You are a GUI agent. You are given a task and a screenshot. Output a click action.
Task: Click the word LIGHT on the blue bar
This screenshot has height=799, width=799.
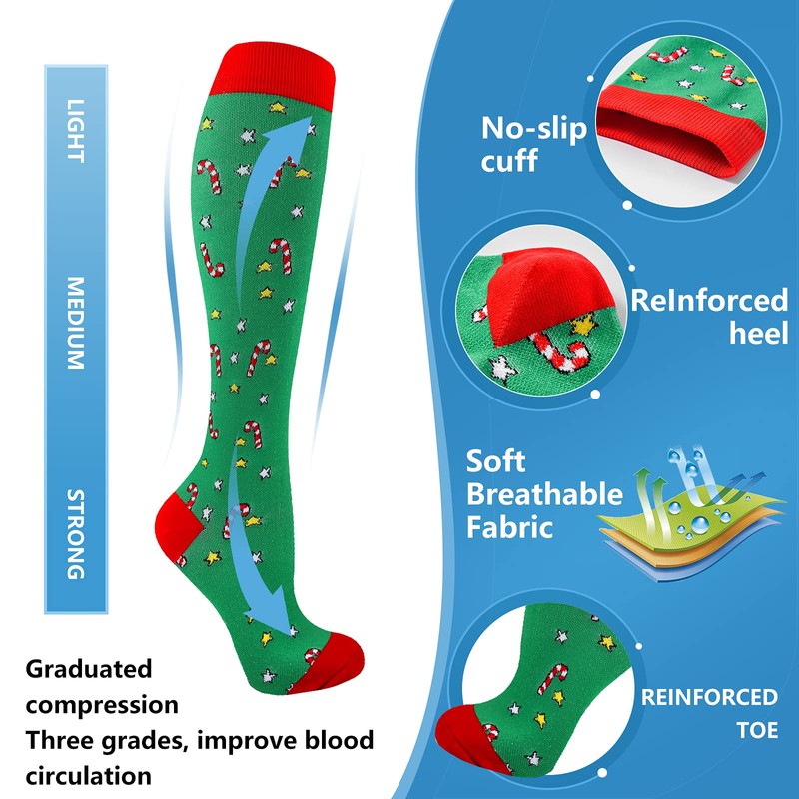point(76,129)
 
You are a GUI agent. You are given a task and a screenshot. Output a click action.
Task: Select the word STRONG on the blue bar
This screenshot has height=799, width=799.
point(76,533)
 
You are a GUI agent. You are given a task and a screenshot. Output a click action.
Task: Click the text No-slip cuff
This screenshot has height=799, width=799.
point(534,144)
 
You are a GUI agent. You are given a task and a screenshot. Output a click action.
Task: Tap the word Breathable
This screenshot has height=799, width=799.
point(545,494)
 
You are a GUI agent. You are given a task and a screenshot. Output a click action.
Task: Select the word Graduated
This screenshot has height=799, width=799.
point(89,667)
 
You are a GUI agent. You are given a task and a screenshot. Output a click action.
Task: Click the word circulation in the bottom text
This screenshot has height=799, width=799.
point(89,774)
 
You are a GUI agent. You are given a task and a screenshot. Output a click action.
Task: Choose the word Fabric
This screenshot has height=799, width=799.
point(509,526)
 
